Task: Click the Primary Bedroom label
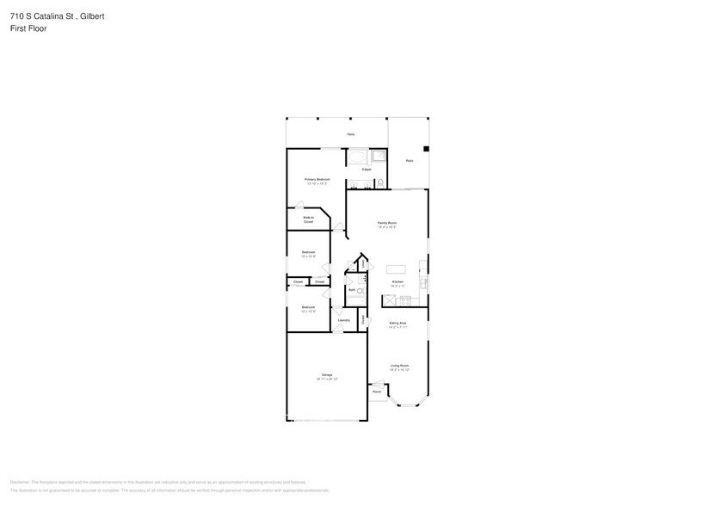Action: coord(317,179)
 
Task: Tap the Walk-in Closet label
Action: coord(307,219)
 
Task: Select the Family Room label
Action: coord(387,222)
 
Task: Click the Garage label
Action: coord(327,375)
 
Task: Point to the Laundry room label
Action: coord(343,320)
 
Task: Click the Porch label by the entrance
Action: coord(377,392)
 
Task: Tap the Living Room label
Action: coord(398,365)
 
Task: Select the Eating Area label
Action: coord(398,323)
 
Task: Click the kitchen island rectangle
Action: coord(397,269)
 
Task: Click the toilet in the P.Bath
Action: coord(379,182)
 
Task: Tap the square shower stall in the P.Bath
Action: coord(378,157)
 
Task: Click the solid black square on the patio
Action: coord(425,148)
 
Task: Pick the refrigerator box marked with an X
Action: coord(388,299)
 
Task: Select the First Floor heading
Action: coord(28,28)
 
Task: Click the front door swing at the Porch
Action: coord(376,383)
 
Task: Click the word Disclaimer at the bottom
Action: coord(21,482)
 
